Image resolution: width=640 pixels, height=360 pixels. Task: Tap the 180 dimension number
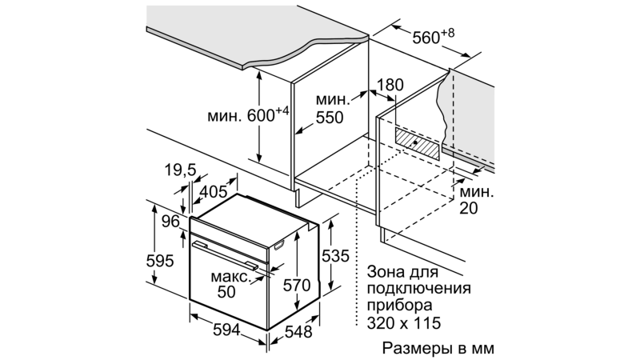pyautogui.click(x=390, y=85)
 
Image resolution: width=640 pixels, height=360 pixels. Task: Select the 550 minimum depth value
pyautogui.click(x=330, y=118)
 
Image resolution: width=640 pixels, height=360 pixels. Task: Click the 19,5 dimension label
pyautogui.click(x=181, y=170)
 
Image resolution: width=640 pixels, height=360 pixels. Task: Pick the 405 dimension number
pyautogui.click(x=213, y=191)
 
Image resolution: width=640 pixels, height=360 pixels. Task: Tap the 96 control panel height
pyautogui.click(x=170, y=222)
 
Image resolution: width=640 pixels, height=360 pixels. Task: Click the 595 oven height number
pyautogui.click(x=160, y=261)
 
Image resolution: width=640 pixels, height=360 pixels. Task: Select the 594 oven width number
pyautogui.click(x=227, y=330)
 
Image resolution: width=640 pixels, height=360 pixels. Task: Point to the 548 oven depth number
pyautogui.click(x=298, y=332)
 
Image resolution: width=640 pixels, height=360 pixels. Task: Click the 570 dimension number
pyautogui.click(x=297, y=285)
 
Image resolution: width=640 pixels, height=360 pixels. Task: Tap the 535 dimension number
pyautogui.click(x=335, y=256)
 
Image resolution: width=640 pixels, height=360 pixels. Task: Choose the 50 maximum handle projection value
pyautogui.click(x=226, y=292)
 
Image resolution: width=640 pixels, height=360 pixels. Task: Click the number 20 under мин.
pyautogui.click(x=469, y=208)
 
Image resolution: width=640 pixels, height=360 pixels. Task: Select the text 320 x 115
pyautogui.click(x=404, y=323)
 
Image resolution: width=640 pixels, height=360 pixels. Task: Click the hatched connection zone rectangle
pyautogui.click(x=418, y=143)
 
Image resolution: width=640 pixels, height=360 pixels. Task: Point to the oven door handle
pyautogui.click(x=226, y=255)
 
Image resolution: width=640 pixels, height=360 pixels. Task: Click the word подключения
pyautogui.click(x=418, y=288)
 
